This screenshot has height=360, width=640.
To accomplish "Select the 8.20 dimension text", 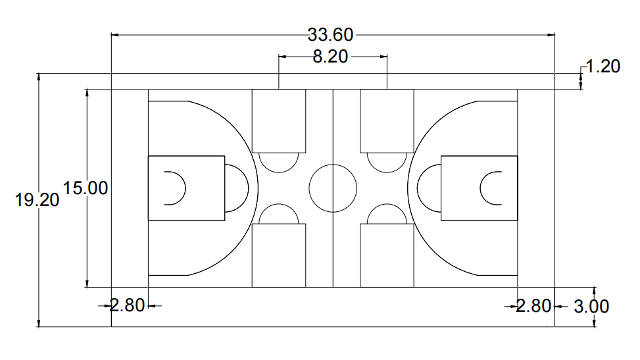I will click(330, 57).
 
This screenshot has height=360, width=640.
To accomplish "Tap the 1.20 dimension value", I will click(603, 66).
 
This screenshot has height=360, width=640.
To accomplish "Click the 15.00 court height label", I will click(85, 188).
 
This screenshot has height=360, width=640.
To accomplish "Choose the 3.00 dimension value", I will click(591, 307).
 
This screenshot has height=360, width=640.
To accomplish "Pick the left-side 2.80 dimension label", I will click(127, 306).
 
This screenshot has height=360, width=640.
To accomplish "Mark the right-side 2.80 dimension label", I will click(533, 306).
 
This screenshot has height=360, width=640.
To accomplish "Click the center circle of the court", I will click(333, 188).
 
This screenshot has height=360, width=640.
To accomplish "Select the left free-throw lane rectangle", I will click(186, 188).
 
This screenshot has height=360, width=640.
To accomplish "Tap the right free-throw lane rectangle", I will click(479, 188).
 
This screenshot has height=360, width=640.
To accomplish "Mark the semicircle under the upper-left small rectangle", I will click(279, 161).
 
